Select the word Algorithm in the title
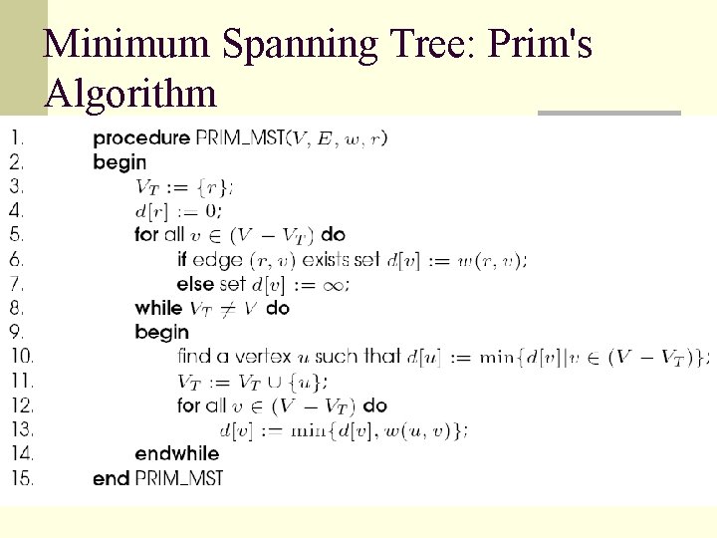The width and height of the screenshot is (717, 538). (130, 94)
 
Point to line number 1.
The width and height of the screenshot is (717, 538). (18, 137)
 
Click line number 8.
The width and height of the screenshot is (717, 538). (19, 308)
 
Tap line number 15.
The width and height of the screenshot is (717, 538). (22, 478)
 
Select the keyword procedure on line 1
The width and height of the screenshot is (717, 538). (141, 137)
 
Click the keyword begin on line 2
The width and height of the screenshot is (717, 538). (119, 161)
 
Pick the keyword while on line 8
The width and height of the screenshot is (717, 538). (158, 308)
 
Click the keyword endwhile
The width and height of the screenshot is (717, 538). (177, 454)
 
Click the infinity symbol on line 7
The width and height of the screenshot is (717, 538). (335, 285)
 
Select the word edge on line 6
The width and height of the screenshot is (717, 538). (217, 260)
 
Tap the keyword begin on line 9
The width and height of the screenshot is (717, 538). (161, 332)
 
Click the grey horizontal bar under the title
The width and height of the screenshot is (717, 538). (608, 113)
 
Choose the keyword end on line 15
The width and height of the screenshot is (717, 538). (111, 478)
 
